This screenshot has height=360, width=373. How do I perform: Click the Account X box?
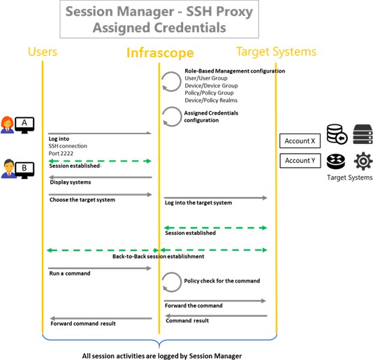pyautogui.click(x=300, y=141)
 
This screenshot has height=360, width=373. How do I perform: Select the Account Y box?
pyautogui.click(x=300, y=161)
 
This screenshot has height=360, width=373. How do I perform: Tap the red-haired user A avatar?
pyautogui.click(x=7, y=124)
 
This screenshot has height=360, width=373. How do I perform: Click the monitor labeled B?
pyautogui.click(x=24, y=170)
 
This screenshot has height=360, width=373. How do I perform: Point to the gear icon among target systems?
pyautogui.click(x=363, y=161)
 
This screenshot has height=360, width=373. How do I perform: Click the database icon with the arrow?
pyautogui.click(x=337, y=134)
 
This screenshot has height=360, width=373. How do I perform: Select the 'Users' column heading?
pyautogui.click(x=43, y=52)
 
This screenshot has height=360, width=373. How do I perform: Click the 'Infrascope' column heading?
pyautogui.click(x=160, y=52)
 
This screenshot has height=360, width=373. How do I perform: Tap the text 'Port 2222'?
pyautogui.click(x=61, y=153)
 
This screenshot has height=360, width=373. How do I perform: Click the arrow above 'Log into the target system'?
pyautogui.click(x=216, y=198)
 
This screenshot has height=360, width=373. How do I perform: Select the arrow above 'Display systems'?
pyautogui.click(x=101, y=177)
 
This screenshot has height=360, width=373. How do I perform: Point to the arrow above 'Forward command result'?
pyautogui.click(x=101, y=318)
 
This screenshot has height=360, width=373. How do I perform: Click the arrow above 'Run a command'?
pyautogui.click(x=100, y=268)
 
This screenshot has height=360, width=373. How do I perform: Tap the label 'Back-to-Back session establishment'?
pyautogui.click(x=158, y=257)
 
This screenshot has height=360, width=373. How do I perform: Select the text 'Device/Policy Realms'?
pyautogui.click(x=211, y=100)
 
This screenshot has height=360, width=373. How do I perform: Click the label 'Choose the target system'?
pyautogui.click(x=82, y=200)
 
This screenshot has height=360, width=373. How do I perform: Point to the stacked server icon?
pyautogui.click(x=363, y=134)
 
